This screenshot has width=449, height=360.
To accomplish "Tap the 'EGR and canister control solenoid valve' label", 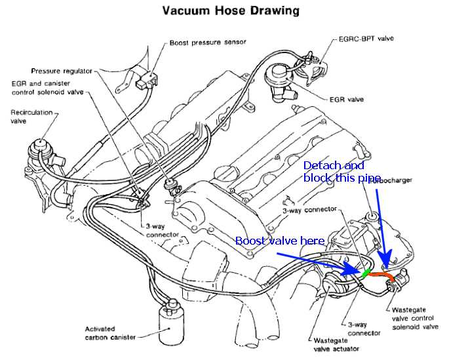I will pos(45,88).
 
